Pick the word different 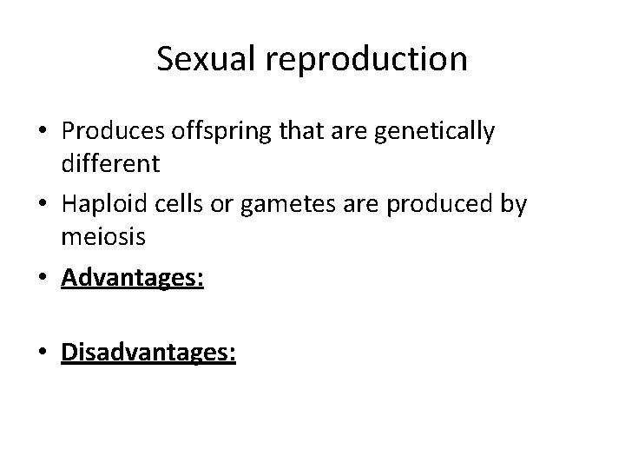pyautogui.click(x=111, y=162)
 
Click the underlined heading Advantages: pyautogui.click(x=133, y=279)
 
